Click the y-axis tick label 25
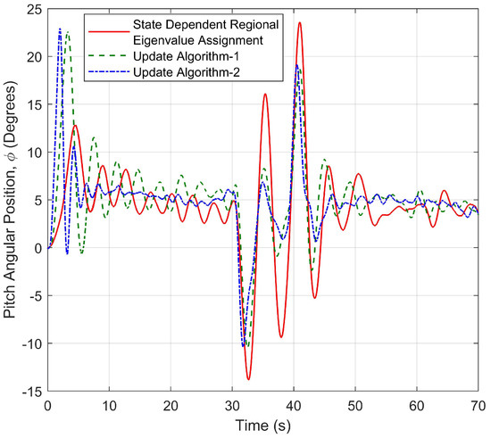34,9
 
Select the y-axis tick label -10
32,343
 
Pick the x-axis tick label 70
478,404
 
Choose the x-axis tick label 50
355,404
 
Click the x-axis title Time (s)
262,424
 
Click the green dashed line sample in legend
107,55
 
